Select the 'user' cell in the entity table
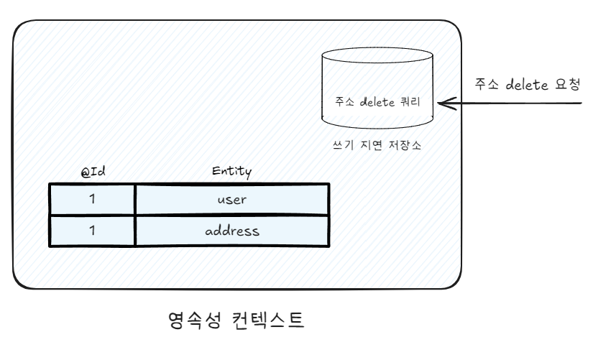(231, 199)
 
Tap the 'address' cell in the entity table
(231, 231)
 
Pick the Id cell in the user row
(92, 199)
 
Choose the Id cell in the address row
(92, 231)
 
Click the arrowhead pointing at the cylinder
(443, 104)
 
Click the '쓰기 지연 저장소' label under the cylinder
(373, 144)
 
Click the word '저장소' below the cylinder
(405, 144)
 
